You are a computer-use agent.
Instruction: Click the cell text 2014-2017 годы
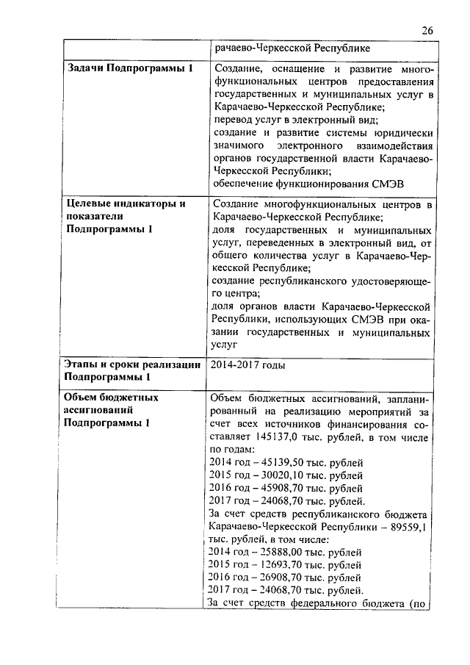(x=247, y=364)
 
